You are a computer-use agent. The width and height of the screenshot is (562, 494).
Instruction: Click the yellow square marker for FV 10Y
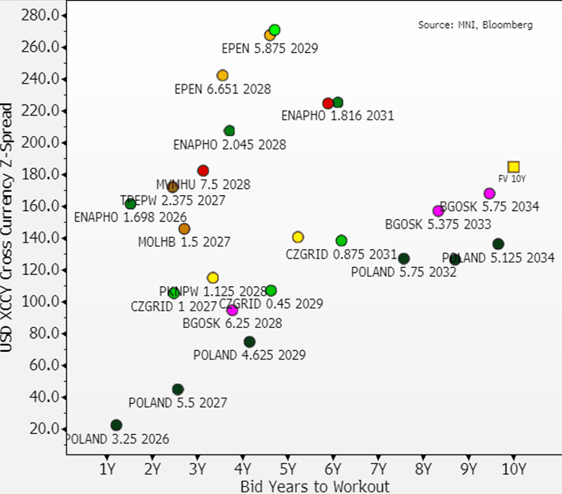(x=513, y=167)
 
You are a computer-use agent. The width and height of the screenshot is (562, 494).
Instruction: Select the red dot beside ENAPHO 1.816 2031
(x=328, y=104)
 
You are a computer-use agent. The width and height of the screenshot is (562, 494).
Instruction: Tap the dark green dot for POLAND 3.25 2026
(x=116, y=425)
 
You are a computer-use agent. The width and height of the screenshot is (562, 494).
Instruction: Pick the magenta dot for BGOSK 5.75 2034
(x=489, y=194)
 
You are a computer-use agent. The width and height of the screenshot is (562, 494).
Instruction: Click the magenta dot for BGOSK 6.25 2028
(x=232, y=310)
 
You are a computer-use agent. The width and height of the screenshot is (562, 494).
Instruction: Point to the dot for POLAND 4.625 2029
(x=249, y=341)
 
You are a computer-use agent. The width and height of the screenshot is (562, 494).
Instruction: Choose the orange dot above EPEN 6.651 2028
(x=223, y=76)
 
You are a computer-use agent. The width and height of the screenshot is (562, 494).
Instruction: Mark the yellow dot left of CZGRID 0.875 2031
(x=298, y=237)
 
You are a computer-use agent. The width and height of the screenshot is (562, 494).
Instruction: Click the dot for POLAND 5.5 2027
(x=178, y=389)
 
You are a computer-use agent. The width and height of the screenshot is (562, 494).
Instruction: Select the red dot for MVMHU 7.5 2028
(x=203, y=171)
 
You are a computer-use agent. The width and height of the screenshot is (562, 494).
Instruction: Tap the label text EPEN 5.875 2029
(x=269, y=49)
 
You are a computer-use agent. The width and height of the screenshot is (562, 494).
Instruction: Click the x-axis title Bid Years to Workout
(x=314, y=485)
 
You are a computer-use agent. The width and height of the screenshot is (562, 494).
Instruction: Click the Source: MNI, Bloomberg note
(x=474, y=25)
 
